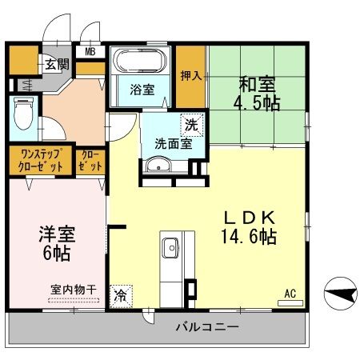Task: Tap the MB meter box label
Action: [x=90, y=53]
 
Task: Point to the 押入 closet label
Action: [x=190, y=76]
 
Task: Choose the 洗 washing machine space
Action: [x=191, y=124]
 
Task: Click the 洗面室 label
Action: [x=173, y=144]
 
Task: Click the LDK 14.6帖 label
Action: [x=250, y=227]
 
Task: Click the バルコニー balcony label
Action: [x=205, y=327]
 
